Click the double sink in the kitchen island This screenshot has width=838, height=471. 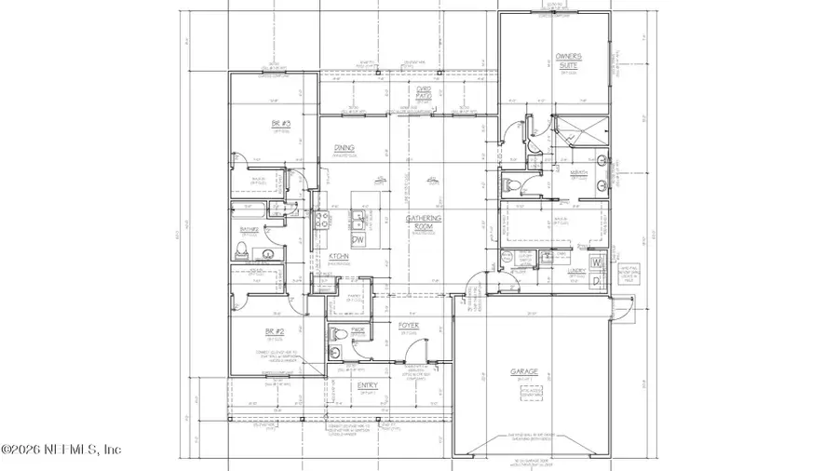tap(358, 220)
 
